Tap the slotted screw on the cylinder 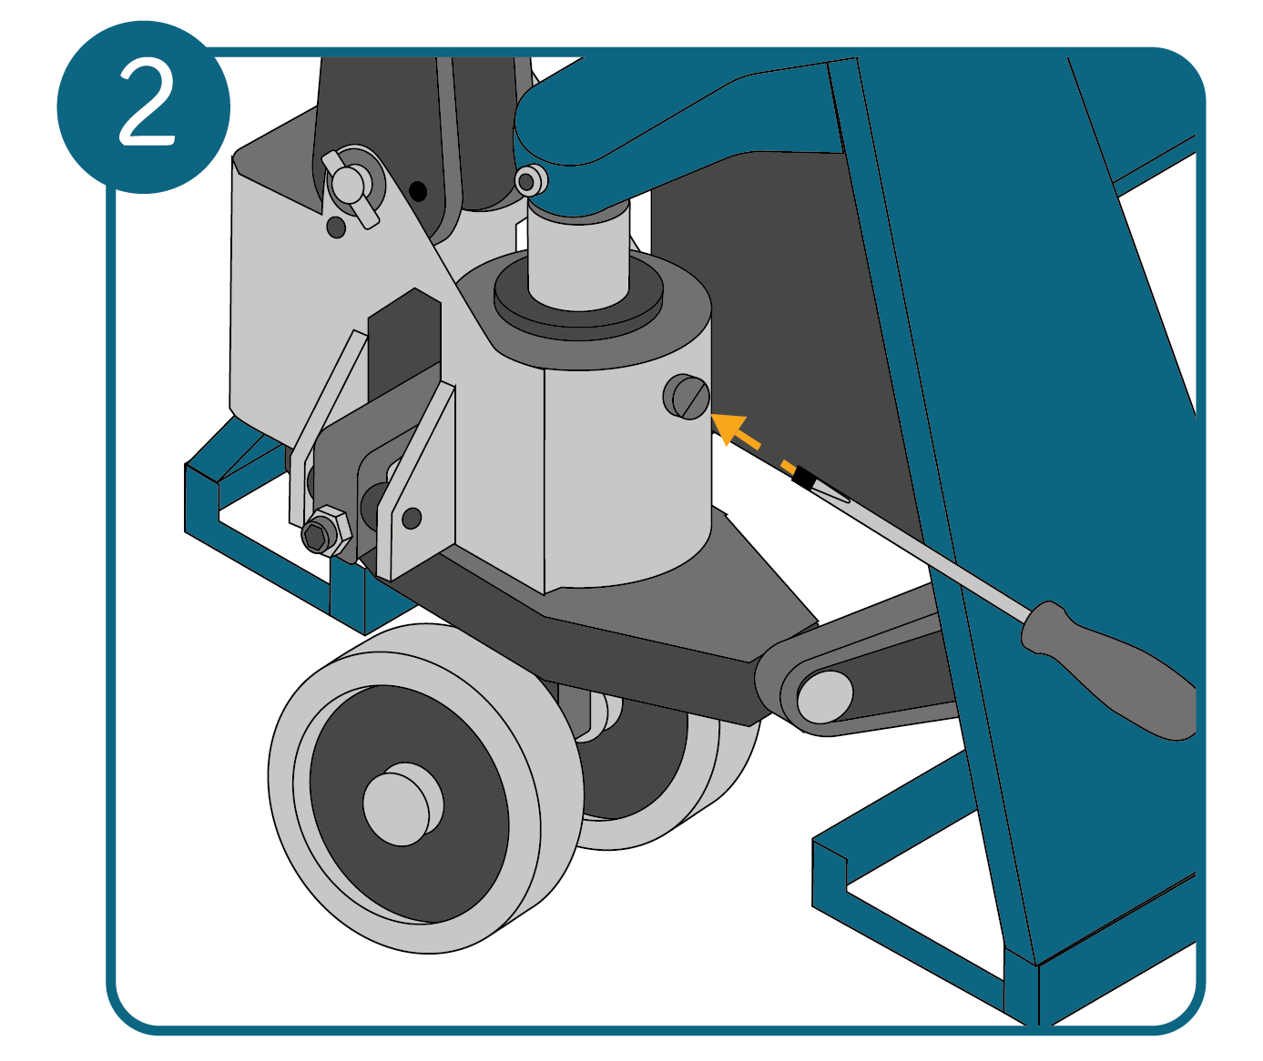pyautogui.click(x=688, y=397)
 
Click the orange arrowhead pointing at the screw pyautogui.click(x=728, y=428)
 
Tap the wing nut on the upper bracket pyautogui.click(x=351, y=188)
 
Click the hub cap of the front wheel pyautogui.click(x=402, y=803)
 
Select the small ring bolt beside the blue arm pyautogui.click(x=531, y=180)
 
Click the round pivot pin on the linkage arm pyautogui.click(x=825, y=697)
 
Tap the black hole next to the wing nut pyautogui.click(x=417, y=192)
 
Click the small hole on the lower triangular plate pyautogui.click(x=412, y=518)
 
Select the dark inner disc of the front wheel pyautogui.click(x=409, y=804)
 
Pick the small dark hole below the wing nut pyautogui.click(x=336, y=227)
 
